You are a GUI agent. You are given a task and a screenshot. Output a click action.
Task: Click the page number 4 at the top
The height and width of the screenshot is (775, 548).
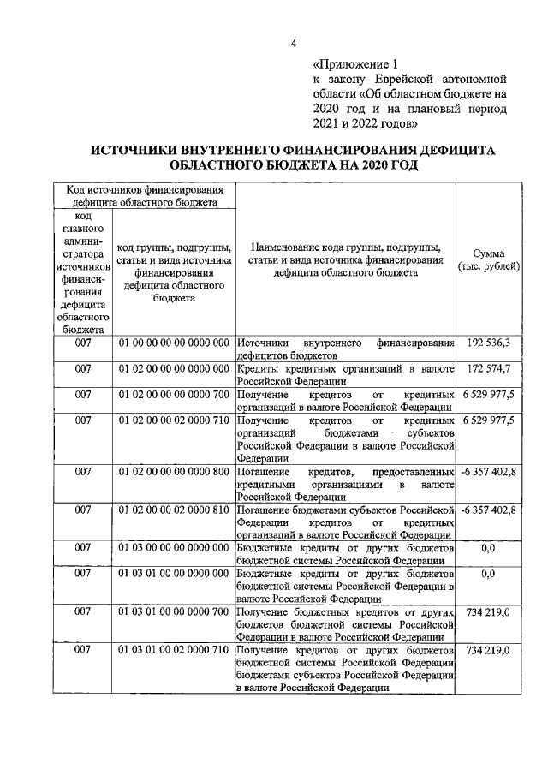click(x=293, y=45)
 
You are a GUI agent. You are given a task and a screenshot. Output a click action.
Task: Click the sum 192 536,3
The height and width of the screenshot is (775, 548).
click(x=489, y=343)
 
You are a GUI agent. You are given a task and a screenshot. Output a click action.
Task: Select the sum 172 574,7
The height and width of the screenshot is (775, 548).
click(x=489, y=368)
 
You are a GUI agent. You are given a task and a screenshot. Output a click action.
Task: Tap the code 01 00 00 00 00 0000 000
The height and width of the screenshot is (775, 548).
click(x=174, y=343)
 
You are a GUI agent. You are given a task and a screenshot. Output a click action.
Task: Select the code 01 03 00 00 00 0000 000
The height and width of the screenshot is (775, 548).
click(x=174, y=547)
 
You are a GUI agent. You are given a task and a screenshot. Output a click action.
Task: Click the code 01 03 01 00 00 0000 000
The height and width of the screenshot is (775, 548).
click(x=174, y=573)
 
